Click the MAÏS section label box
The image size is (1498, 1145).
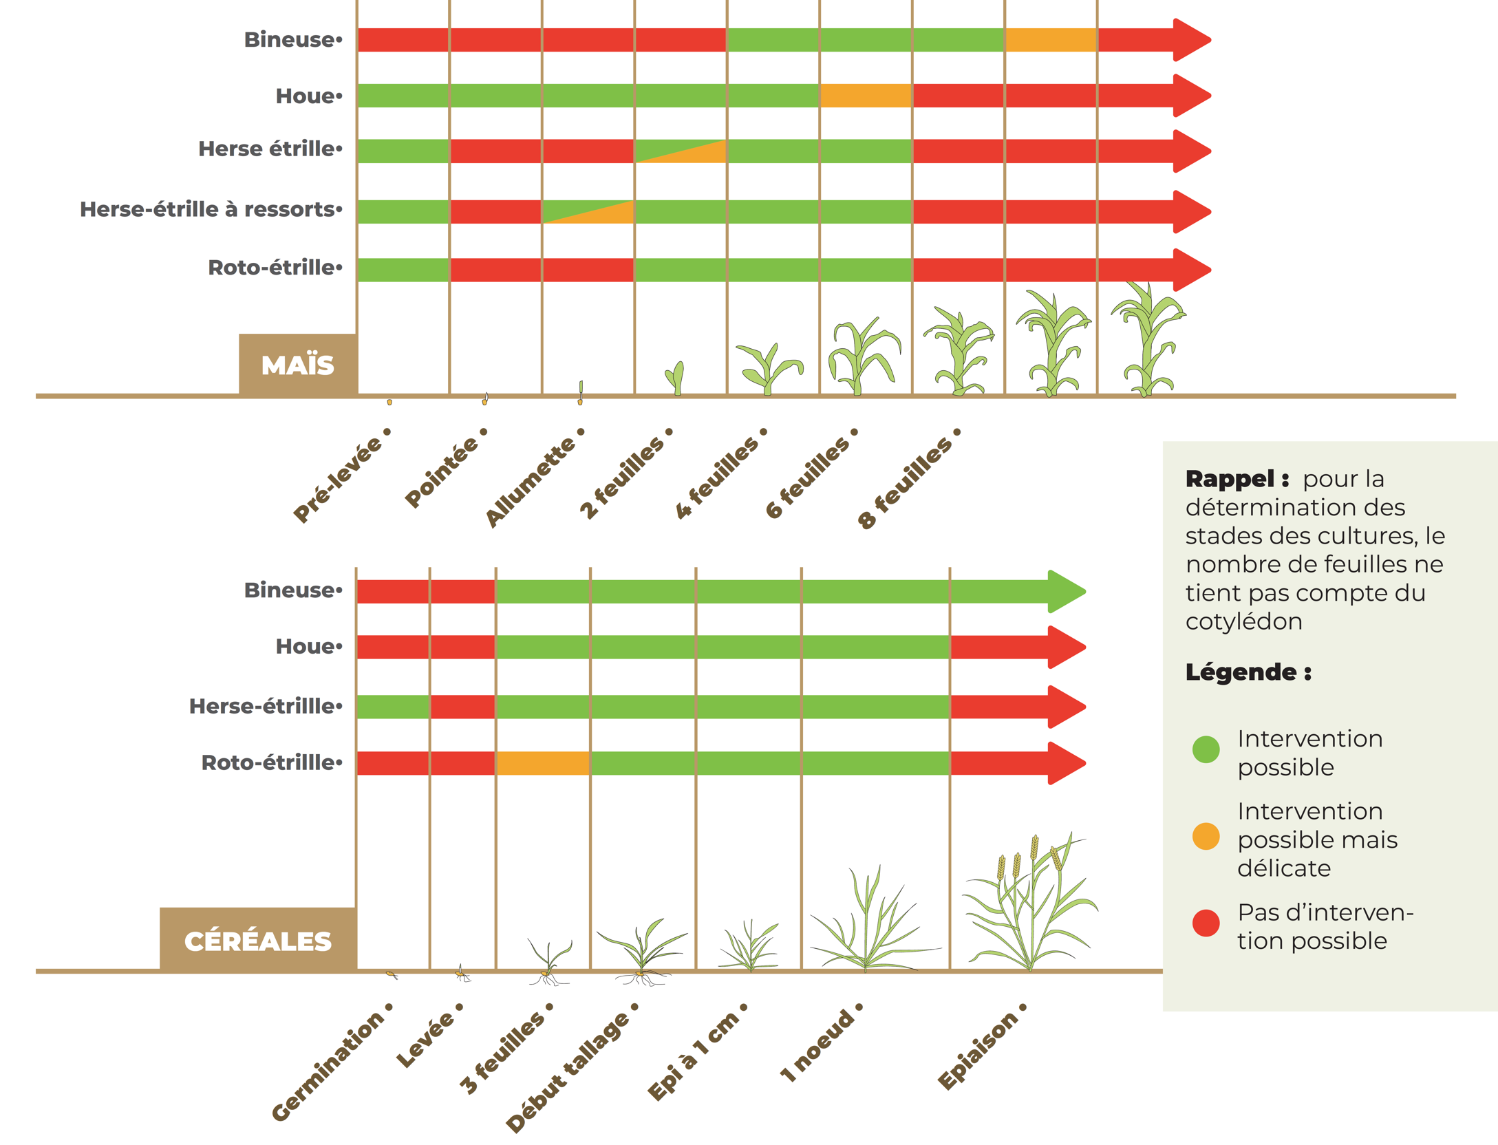[297, 365]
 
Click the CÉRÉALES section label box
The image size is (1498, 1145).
[257, 941]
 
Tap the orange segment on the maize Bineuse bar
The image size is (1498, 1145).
[1050, 40]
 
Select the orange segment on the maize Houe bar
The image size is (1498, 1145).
[865, 96]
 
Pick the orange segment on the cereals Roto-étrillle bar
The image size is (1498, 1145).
[542, 763]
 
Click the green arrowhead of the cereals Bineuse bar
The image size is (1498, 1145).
[1066, 591]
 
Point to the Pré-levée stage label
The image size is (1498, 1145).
[340, 479]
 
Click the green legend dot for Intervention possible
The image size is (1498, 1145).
[1206, 749]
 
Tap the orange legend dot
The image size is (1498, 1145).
[1206, 836]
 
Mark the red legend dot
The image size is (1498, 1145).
[1206, 923]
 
